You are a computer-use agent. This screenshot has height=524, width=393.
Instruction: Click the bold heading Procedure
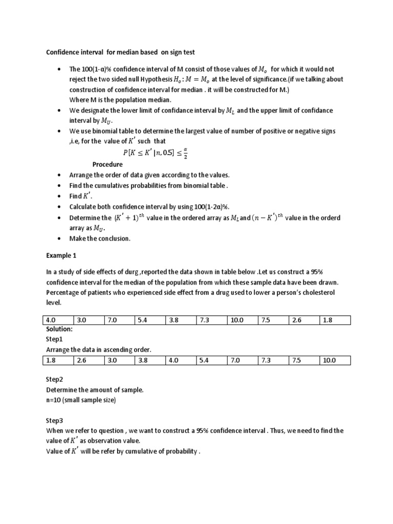(107, 164)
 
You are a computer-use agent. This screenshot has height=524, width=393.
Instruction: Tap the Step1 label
(54, 339)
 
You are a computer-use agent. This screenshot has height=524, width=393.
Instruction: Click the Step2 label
(54, 380)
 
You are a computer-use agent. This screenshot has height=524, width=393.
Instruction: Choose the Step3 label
(54, 421)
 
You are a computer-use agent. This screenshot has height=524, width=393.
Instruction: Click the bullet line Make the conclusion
(100, 238)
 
